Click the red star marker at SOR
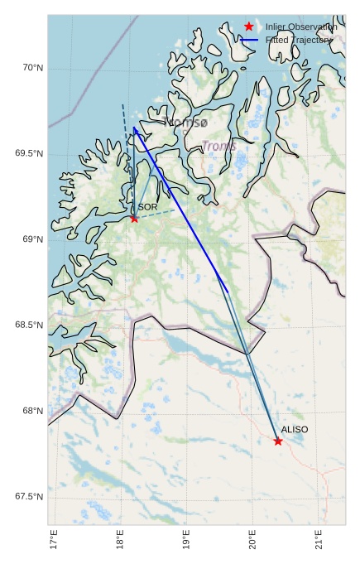click(134, 218)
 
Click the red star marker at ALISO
click(278, 441)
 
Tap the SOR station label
click(147, 207)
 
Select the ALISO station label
click(295, 430)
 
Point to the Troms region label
click(218, 147)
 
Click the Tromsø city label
click(186, 123)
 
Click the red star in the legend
click(248, 27)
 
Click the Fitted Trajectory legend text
click(299, 39)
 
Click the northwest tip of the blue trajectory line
click(134, 128)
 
